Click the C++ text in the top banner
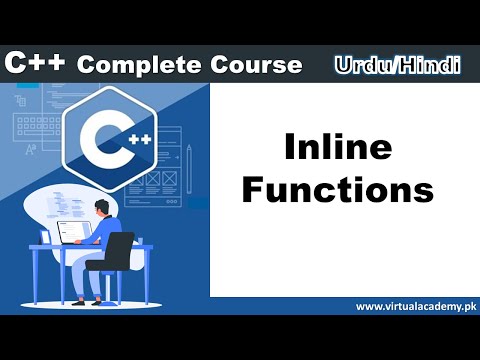[36, 64]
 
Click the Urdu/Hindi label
[397, 65]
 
